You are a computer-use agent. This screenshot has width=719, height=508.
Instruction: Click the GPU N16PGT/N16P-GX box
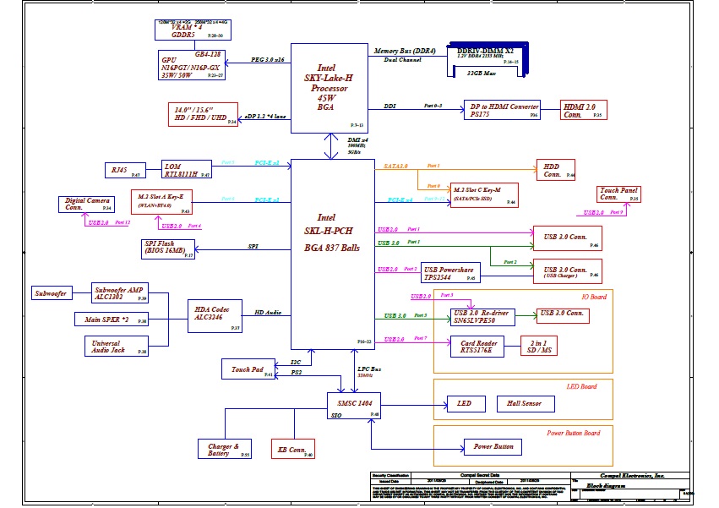point(192,65)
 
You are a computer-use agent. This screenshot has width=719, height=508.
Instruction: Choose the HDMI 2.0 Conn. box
point(583,110)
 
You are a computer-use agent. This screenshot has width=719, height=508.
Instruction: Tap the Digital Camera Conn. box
point(85,204)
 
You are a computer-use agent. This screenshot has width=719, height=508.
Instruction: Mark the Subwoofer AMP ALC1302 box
point(120,292)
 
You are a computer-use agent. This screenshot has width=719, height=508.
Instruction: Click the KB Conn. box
point(291,450)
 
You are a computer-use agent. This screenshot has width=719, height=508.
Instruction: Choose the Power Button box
point(493,446)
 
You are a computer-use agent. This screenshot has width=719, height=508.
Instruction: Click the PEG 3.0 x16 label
point(268,60)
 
